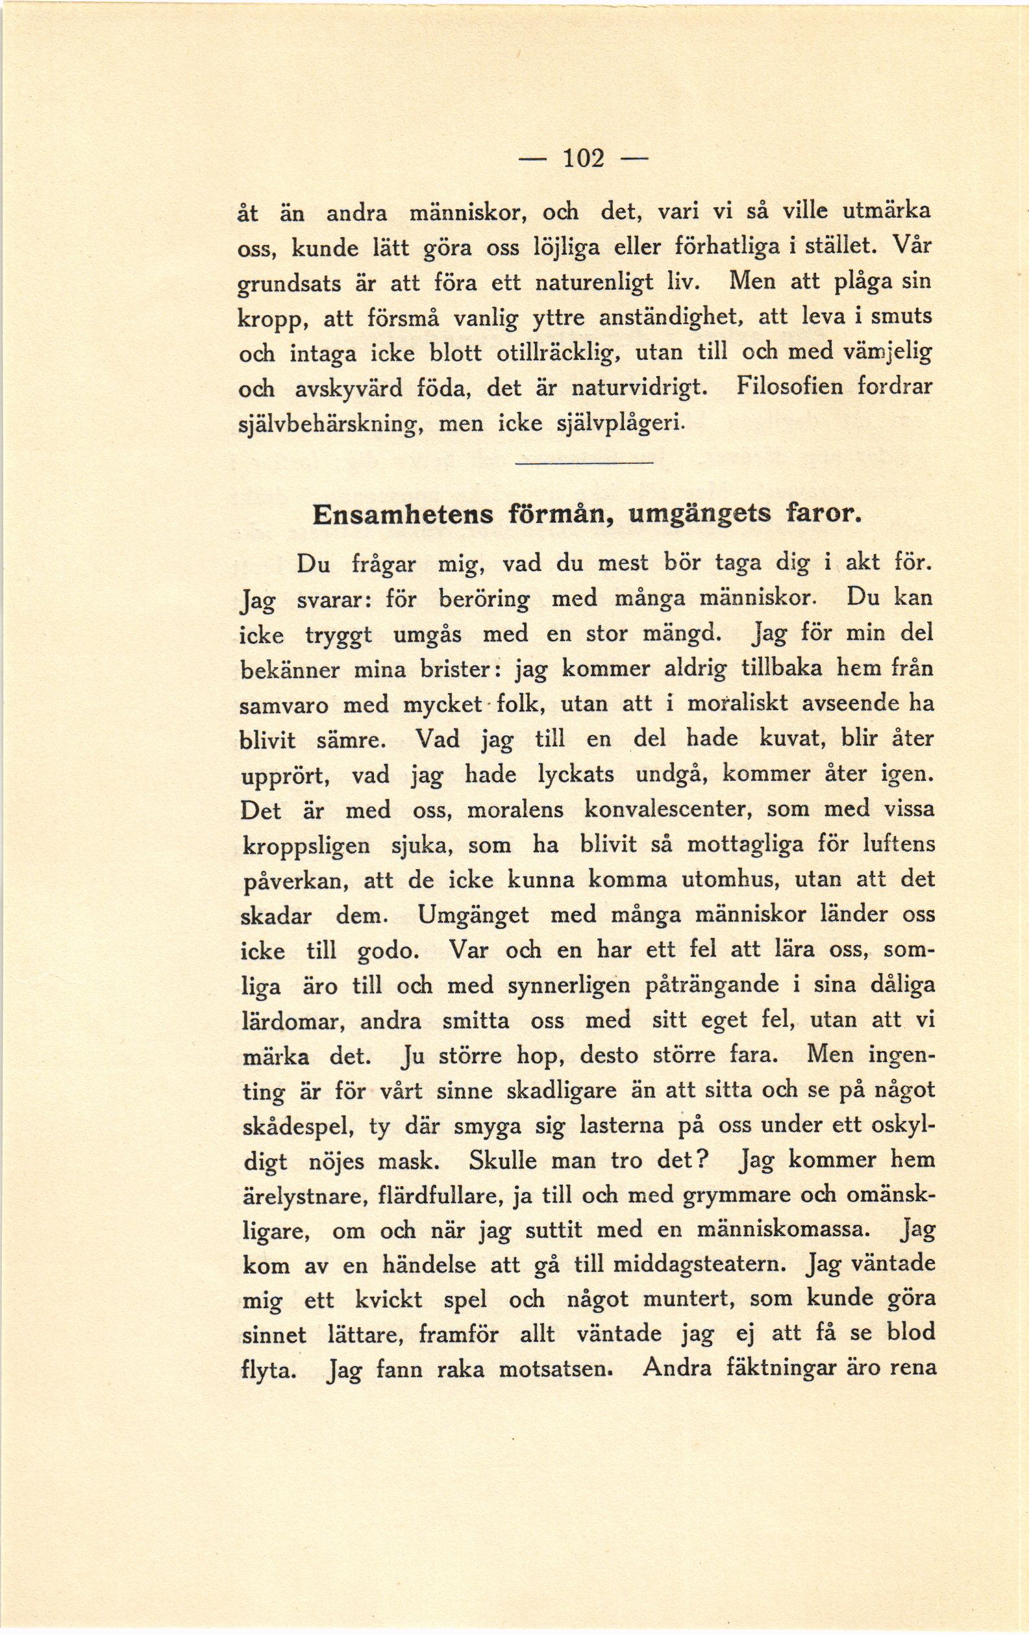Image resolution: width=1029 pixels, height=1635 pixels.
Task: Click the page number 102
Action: pyautogui.click(x=584, y=158)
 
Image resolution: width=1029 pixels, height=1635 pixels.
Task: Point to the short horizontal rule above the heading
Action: pyautogui.click(x=583, y=463)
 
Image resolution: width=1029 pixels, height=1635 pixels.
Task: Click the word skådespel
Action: pyautogui.click(x=297, y=1127)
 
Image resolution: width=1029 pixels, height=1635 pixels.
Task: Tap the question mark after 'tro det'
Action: pyautogui.click(x=704, y=1160)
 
